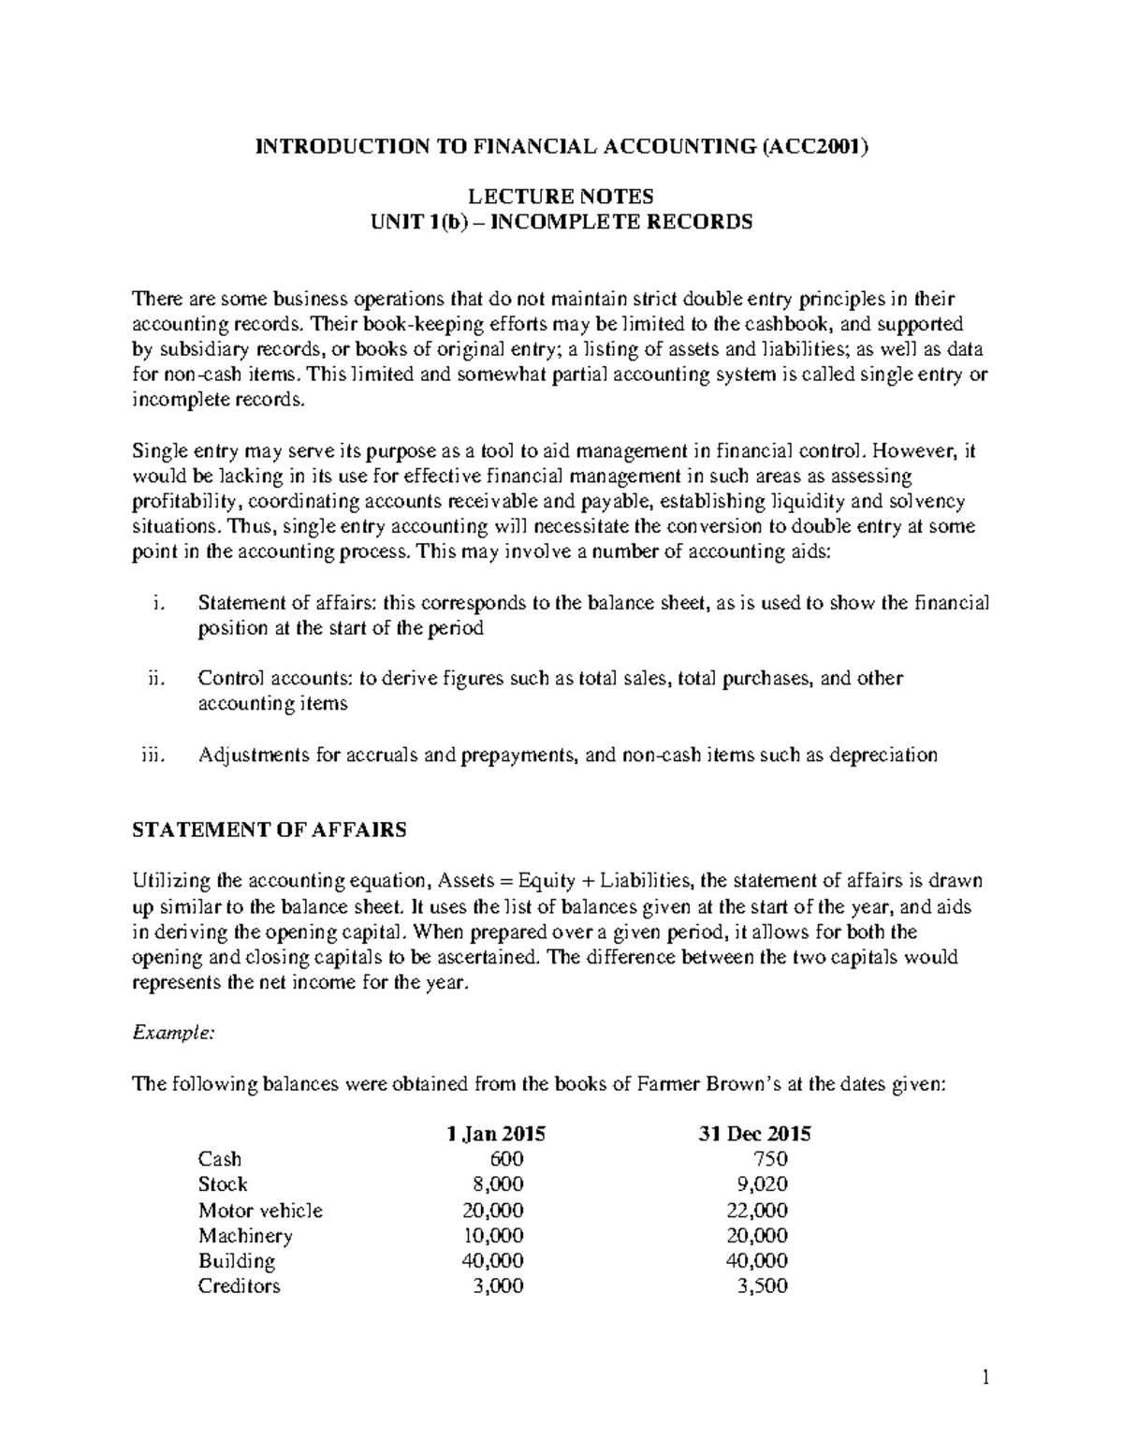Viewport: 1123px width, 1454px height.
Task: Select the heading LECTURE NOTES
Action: coord(561,197)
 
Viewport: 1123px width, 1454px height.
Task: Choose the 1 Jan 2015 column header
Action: coord(495,1134)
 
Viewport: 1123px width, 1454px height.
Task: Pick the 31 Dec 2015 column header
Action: coord(754,1134)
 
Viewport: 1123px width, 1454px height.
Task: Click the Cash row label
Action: coord(219,1159)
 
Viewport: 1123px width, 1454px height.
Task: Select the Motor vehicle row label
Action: coord(260,1210)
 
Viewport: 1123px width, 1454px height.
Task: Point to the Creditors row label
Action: coord(239,1285)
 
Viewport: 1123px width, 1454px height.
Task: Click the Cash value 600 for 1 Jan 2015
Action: coord(506,1159)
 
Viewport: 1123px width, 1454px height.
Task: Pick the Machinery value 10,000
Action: coord(493,1235)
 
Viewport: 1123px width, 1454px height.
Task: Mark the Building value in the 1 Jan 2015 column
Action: coord(493,1260)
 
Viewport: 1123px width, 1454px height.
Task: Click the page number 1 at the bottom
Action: coord(984,1377)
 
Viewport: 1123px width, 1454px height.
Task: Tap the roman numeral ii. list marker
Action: coord(156,679)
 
